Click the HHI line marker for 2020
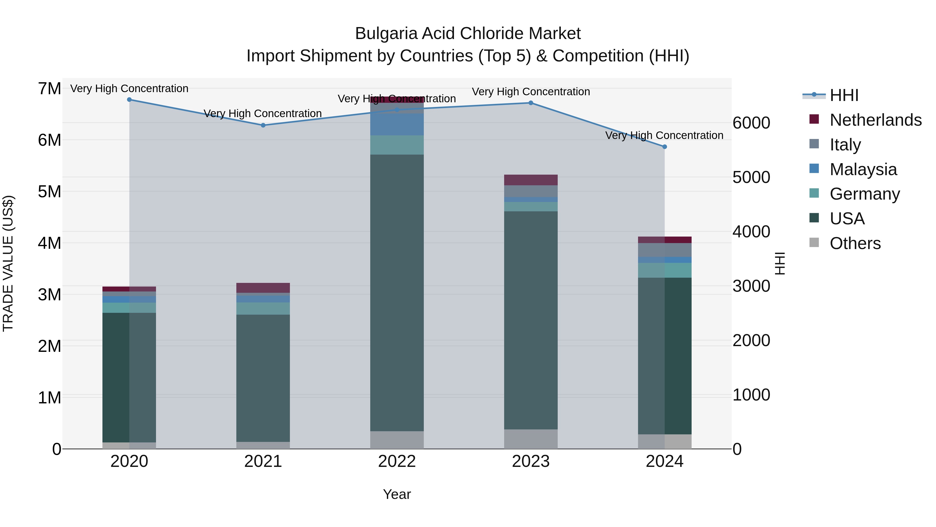click(x=129, y=100)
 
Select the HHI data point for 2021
click(x=263, y=125)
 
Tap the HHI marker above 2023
click(x=531, y=103)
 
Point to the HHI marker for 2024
click(x=665, y=147)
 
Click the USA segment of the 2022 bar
click(x=397, y=293)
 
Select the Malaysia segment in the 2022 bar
click(x=397, y=124)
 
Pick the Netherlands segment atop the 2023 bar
click(x=531, y=180)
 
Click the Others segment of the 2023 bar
click(x=531, y=439)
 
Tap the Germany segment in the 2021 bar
click(x=263, y=308)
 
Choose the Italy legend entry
click(x=845, y=145)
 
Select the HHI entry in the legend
click(x=844, y=95)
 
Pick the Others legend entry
click(x=855, y=243)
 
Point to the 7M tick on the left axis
click(x=50, y=89)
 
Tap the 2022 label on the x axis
click(x=397, y=461)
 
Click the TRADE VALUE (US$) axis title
click(x=8, y=263)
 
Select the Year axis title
click(x=397, y=494)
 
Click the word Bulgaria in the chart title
click(x=386, y=34)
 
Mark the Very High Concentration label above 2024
click(x=664, y=135)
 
